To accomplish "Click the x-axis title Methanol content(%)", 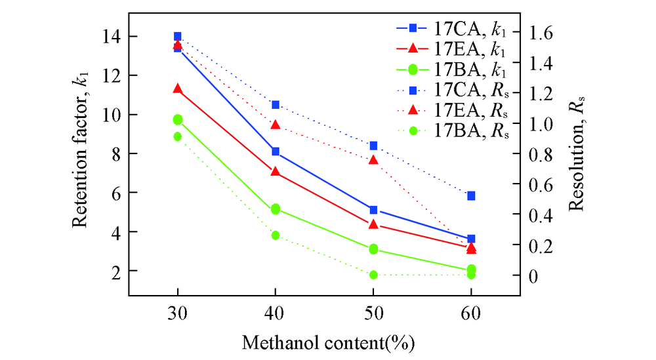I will click(329, 342).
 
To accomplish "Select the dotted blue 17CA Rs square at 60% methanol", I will click(471, 195).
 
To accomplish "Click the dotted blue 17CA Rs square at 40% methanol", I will click(276, 105).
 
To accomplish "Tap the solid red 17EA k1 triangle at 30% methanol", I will click(178, 89).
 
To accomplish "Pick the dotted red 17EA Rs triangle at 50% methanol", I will click(373, 159).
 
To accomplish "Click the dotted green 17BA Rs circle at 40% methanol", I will click(276, 235).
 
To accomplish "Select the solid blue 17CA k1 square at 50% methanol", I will click(373, 210).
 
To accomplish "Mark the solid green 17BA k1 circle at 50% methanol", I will click(373, 249).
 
